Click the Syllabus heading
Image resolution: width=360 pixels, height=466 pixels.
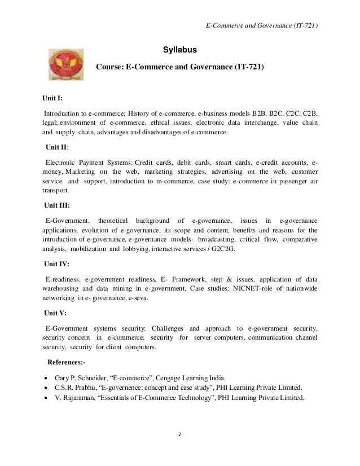pyautogui.click(x=180, y=50)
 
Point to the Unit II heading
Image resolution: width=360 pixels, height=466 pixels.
pyautogui.click(x=57, y=147)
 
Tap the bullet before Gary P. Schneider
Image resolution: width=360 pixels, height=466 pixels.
pyautogui.click(x=46, y=377)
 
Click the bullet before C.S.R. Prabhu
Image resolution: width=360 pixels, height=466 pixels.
pyautogui.click(x=46, y=388)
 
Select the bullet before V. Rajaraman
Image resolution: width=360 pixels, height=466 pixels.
pyautogui.click(x=46, y=398)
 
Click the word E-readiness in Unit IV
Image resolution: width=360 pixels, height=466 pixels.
pyautogui.click(x=62, y=279)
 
